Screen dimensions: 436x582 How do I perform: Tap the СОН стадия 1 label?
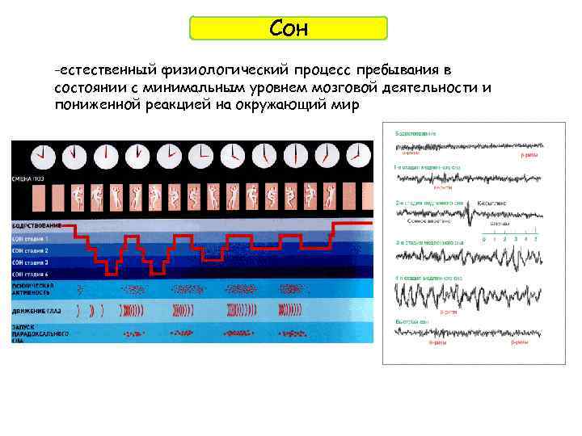[x=30, y=239]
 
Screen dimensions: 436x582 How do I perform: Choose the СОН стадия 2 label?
[x=30, y=251]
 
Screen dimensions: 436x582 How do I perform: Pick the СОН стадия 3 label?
[x=30, y=262]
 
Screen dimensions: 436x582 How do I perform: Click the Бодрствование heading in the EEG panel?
[x=415, y=132]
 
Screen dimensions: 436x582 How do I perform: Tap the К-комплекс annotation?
[x=492, y=203]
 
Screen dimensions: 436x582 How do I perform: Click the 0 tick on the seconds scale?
[x=483, y=238]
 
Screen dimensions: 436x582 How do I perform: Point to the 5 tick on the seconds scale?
[x=534, y=238]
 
